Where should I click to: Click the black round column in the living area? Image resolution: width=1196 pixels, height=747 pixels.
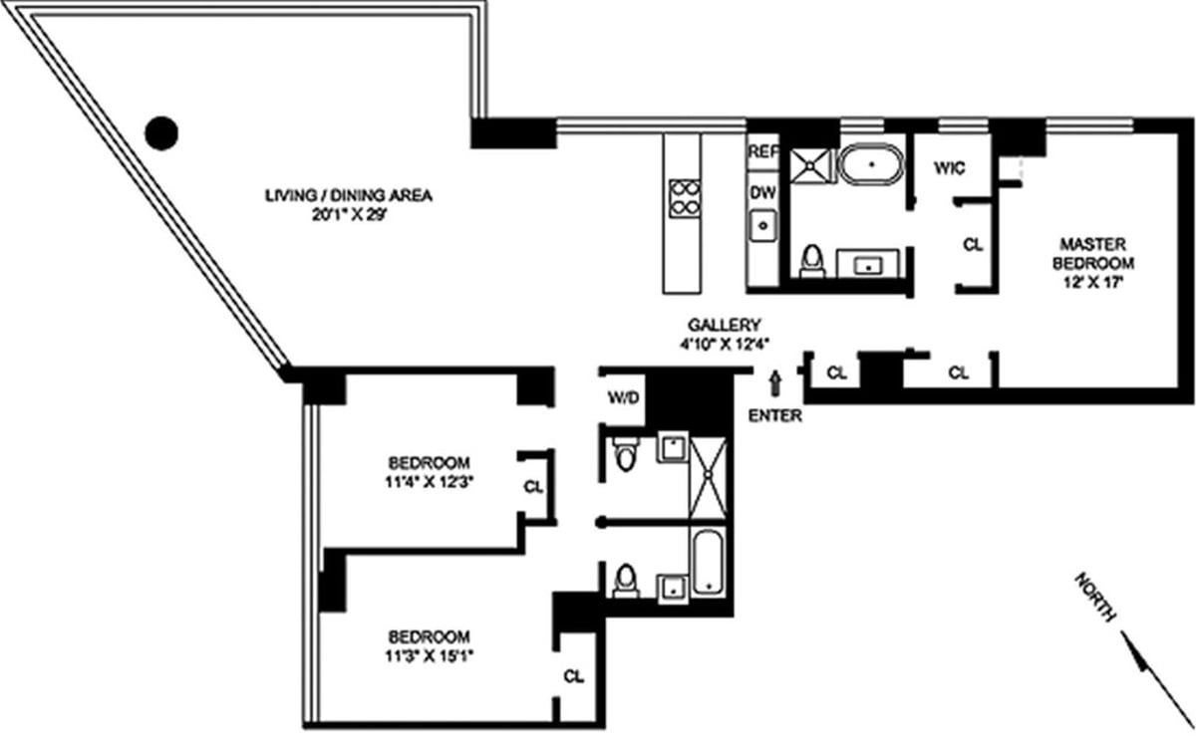161,131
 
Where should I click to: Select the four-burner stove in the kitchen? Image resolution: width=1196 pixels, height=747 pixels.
685,197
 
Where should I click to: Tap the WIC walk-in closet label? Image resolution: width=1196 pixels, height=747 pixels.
948,168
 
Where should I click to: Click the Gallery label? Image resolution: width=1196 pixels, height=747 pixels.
725,324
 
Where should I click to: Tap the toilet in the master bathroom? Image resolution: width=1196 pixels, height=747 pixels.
812,260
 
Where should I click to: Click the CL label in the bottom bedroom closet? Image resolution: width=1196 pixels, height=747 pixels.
573,676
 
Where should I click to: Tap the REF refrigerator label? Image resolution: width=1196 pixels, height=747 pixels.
761,152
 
